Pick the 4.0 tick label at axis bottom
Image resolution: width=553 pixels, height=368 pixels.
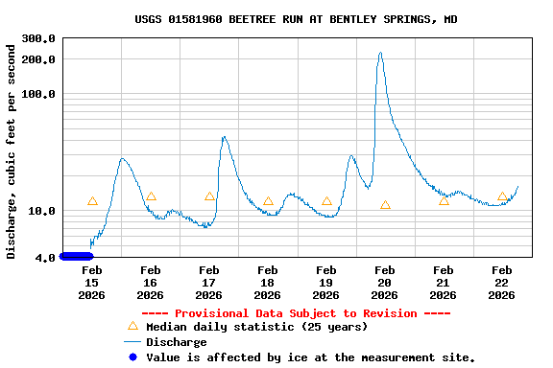coord(45,257)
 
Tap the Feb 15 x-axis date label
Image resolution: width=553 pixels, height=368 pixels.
coord(91,283)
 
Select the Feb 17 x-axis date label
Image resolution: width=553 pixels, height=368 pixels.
coord(208,283)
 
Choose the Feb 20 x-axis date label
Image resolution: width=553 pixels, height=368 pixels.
coord(384,283)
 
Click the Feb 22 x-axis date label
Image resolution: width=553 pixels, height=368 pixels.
coord(501,283)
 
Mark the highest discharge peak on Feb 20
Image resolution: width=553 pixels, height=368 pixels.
coord(380,53)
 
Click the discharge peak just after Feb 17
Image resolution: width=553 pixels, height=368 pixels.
coord(224,137)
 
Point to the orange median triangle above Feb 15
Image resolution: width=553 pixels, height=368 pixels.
coord(92,201)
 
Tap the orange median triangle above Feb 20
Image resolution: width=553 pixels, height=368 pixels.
coord(385,205)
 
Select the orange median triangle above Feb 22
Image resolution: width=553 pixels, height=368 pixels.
coord(502,196)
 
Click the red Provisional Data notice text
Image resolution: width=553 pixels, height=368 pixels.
coord(296,313)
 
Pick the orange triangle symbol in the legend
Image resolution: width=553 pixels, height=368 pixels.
coord(132,327)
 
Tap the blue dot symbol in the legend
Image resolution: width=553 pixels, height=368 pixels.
coord(132,356)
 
